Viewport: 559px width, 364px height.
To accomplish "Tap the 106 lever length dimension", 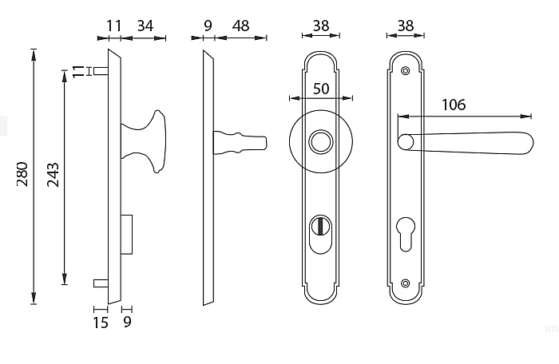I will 452,105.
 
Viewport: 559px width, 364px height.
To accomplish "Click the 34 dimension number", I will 145,26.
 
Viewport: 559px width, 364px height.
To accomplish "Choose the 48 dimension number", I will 239,26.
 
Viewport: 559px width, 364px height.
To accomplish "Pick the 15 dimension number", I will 101,322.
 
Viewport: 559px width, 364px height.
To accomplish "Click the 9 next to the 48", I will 208,26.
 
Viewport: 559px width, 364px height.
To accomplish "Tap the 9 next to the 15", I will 127,322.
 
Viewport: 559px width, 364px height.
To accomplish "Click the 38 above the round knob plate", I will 321,26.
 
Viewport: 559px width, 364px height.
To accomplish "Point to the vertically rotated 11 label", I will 77,71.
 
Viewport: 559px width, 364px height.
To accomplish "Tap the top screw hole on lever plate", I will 407,71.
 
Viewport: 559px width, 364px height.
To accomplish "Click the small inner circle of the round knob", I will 321,143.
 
